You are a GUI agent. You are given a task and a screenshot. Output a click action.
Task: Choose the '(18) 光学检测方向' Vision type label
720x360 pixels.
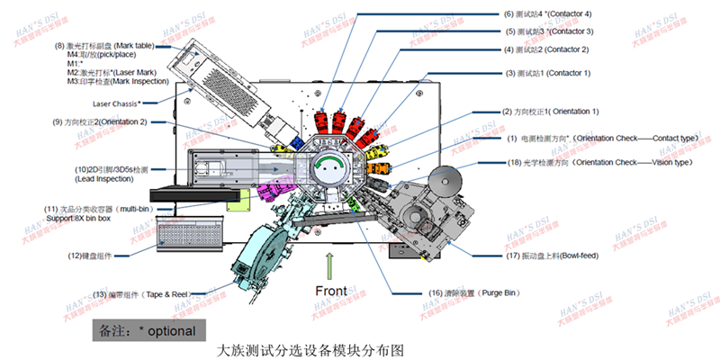click(x=594, y=162)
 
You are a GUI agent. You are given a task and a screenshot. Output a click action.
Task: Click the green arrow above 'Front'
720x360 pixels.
click(x=329, y=265)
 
